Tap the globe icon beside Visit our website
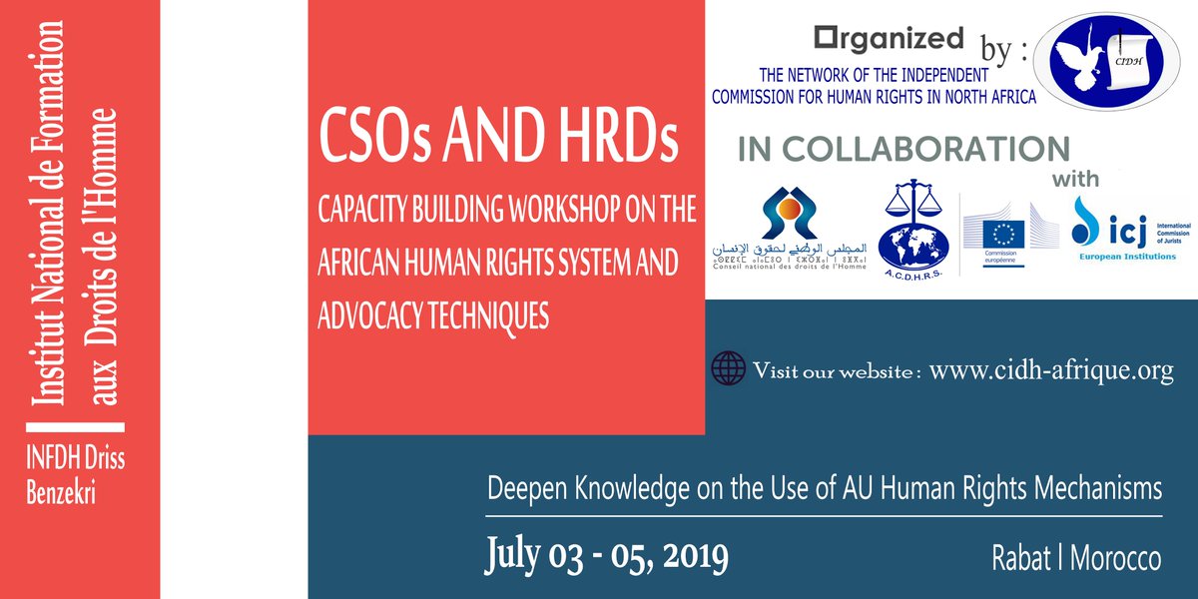(728, 367)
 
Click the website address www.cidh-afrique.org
(1051, 370)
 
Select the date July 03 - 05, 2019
(606, 554)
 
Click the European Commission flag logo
(1003, 236)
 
